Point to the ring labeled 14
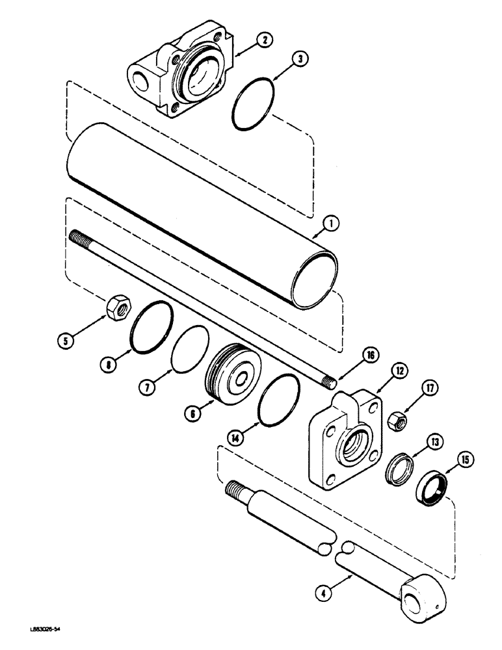[x=278, y=401]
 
